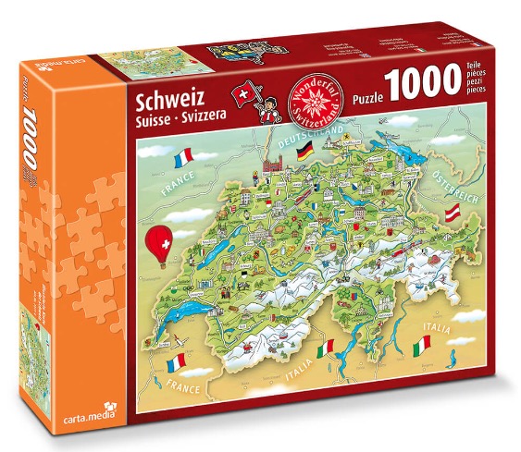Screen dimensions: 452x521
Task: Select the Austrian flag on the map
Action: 453,215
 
